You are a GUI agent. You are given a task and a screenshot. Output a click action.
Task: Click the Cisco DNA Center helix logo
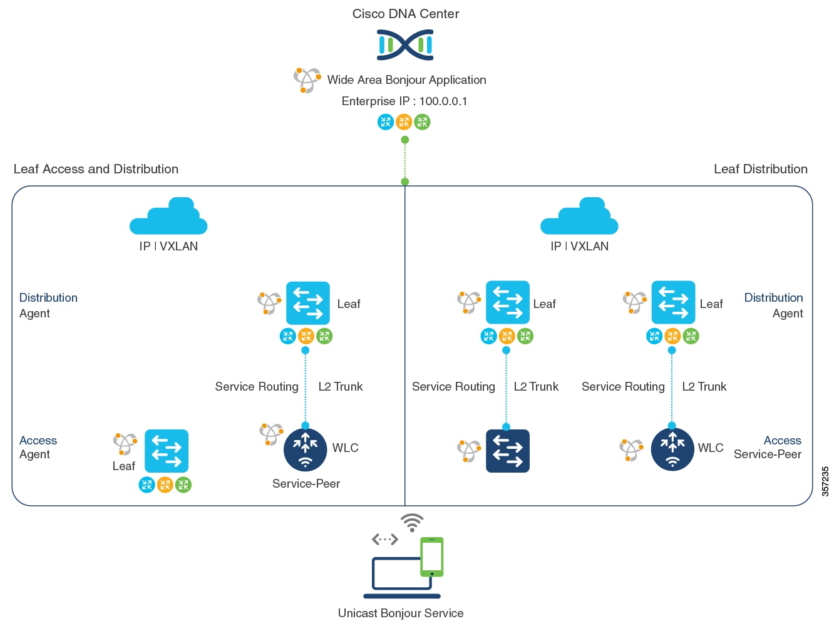(405, 45)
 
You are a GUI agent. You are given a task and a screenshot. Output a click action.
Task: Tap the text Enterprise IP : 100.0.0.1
(404, 101)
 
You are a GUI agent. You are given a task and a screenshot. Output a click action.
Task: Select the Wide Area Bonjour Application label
(406, 80)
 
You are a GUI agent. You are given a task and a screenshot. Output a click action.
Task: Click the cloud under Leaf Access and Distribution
(168, 217)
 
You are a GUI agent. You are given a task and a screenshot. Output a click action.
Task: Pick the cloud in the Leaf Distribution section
(579, 217)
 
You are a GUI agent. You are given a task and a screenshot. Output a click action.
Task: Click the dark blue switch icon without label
(507, 451)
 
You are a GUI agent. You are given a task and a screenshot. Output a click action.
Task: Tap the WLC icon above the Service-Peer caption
(305, 449)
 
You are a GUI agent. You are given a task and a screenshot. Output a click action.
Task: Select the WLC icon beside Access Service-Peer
(672, 449)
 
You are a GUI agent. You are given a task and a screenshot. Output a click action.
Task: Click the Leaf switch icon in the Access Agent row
(166, 451)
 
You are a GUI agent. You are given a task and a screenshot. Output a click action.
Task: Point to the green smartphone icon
(431, 557)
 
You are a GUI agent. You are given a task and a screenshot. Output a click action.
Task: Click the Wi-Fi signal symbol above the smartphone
(412, 522)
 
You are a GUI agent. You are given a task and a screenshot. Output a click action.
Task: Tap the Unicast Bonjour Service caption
(401, 613)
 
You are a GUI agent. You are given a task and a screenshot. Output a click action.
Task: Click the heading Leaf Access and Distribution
(96, 169)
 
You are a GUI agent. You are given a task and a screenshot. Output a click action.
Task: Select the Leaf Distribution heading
(760, 169)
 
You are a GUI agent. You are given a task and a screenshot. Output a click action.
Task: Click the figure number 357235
(825, 481)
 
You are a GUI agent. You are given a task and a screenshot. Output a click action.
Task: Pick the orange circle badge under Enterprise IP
(404, 122)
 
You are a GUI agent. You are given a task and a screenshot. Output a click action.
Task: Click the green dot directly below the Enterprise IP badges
(405, 140)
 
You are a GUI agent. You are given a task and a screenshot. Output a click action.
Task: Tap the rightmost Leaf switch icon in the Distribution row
(673, 302)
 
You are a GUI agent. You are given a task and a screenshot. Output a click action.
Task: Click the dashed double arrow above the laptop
(384, 539)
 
